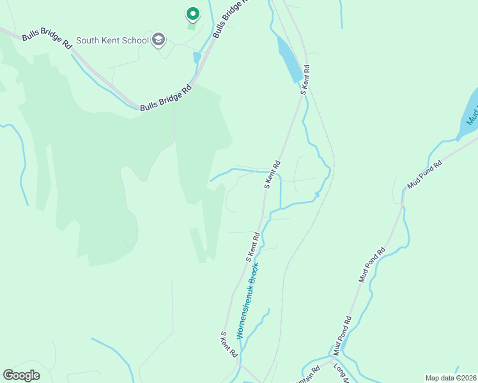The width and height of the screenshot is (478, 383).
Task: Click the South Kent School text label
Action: [x=112, y=41]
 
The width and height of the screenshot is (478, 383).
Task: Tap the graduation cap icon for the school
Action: [x=158, y=41]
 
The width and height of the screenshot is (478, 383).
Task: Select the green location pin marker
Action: [x=192, y=13]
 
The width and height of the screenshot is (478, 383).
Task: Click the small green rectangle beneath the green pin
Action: [x=191, y=26]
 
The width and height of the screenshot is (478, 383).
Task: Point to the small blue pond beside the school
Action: [x=197, y=57]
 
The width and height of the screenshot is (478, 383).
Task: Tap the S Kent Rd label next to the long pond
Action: [x=305, y=80]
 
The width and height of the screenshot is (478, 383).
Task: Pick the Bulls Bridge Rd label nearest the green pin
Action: [x=229, y=19]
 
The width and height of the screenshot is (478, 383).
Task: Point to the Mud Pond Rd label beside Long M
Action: [x=341, y=336]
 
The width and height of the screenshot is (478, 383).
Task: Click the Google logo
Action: [x=22, y=375]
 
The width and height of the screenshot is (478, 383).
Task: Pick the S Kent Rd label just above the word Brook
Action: [x=253, y=246]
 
